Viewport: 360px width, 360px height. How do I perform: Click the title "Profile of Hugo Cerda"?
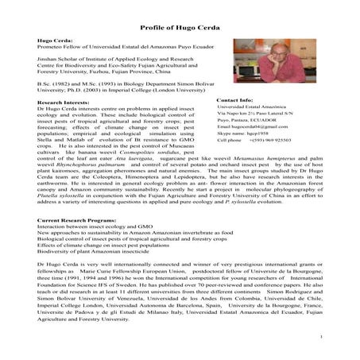coord(180,25)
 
